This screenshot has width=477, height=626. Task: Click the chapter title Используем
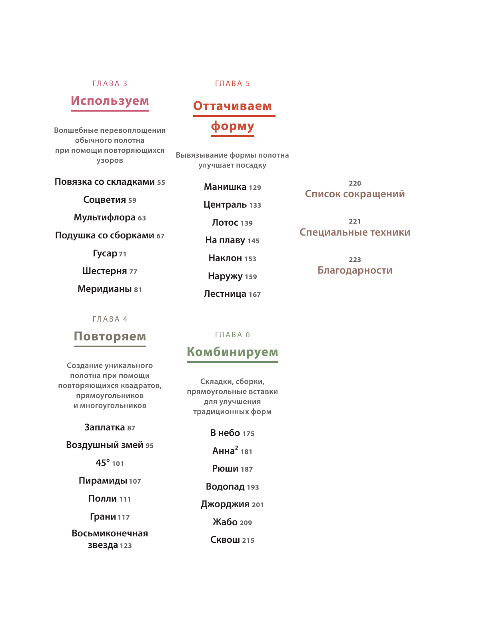(110, 101)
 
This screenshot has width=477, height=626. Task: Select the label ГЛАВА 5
(232, 84)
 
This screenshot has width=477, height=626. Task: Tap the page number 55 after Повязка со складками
(161, 183)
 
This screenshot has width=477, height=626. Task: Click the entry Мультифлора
(105, 218)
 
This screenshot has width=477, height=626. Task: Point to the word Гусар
(105, 254)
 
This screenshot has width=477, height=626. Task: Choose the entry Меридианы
(105, 289)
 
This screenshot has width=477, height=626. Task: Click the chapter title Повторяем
(110, 336)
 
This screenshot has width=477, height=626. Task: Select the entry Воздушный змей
(104, 445)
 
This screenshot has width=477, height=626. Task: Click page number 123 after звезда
(126, 546)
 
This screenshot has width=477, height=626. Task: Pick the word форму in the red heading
(232, 126)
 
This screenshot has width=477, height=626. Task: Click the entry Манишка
(225, 187)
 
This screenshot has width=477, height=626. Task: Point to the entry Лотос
(225, 223)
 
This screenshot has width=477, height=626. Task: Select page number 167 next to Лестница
(255, 295)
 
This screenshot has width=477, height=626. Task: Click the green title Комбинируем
(232, 352)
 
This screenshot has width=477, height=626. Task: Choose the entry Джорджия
(225, 504)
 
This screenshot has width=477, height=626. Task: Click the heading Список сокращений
(355, 194)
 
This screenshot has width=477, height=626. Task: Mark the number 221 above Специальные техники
(355, 222)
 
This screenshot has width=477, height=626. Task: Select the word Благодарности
(355, 270)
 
